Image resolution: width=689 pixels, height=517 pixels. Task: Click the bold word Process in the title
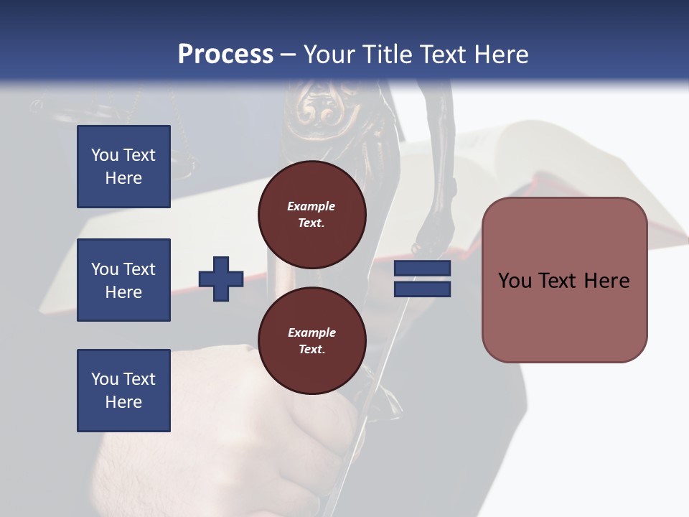click(x=225, y=55)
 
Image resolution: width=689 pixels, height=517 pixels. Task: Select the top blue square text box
click(x=123, y=167)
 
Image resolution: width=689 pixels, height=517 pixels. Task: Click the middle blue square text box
click(x=123, y=280)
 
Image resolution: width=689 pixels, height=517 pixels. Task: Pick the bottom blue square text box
click(x=123, y=391)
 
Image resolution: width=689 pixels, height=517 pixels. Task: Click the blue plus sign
click(x=221, y=279)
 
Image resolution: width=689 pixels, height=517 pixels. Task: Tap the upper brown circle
click(x=312, y=215)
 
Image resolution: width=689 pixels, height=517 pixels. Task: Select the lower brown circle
click(x=312, y=341)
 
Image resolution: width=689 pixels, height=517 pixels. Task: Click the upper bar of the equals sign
click(x=423, y=269)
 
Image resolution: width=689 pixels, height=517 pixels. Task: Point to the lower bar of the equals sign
click(x=423, y=289)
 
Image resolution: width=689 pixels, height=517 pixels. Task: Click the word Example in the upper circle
click(x=311, y=206)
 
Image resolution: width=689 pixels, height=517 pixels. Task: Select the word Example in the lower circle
click(x=311, y=332)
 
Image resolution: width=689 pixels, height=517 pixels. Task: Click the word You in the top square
click(x=104, y=155)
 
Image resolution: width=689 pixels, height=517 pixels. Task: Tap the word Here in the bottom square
click(x=123, y=402)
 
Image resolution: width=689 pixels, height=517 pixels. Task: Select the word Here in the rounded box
click(x=607, y=281)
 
